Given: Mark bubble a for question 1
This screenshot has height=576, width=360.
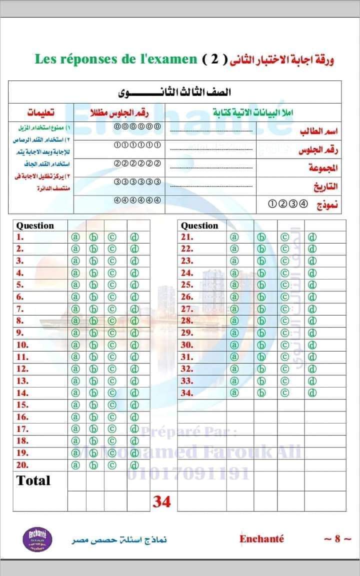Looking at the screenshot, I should [75, 237].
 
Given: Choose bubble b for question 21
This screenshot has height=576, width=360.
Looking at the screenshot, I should [261, 237].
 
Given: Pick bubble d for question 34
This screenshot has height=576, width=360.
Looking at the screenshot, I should [312, 393].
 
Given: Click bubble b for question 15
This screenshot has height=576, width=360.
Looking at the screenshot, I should [93, 405].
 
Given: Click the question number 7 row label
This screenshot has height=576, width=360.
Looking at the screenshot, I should [20, 309].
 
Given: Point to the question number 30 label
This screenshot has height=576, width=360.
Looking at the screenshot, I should [187, 345].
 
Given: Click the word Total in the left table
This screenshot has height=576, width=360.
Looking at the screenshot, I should [33, 480].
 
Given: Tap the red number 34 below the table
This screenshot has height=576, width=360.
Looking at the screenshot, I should [161, 501].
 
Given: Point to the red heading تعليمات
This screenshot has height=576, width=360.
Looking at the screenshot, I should [41, 111].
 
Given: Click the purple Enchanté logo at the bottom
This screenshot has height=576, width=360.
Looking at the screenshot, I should [34, 540].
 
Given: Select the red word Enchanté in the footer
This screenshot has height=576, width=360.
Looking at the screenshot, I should [261, 539].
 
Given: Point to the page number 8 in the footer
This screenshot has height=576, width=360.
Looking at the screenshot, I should [337, 539].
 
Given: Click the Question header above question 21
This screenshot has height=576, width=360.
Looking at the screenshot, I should [199, 225].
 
